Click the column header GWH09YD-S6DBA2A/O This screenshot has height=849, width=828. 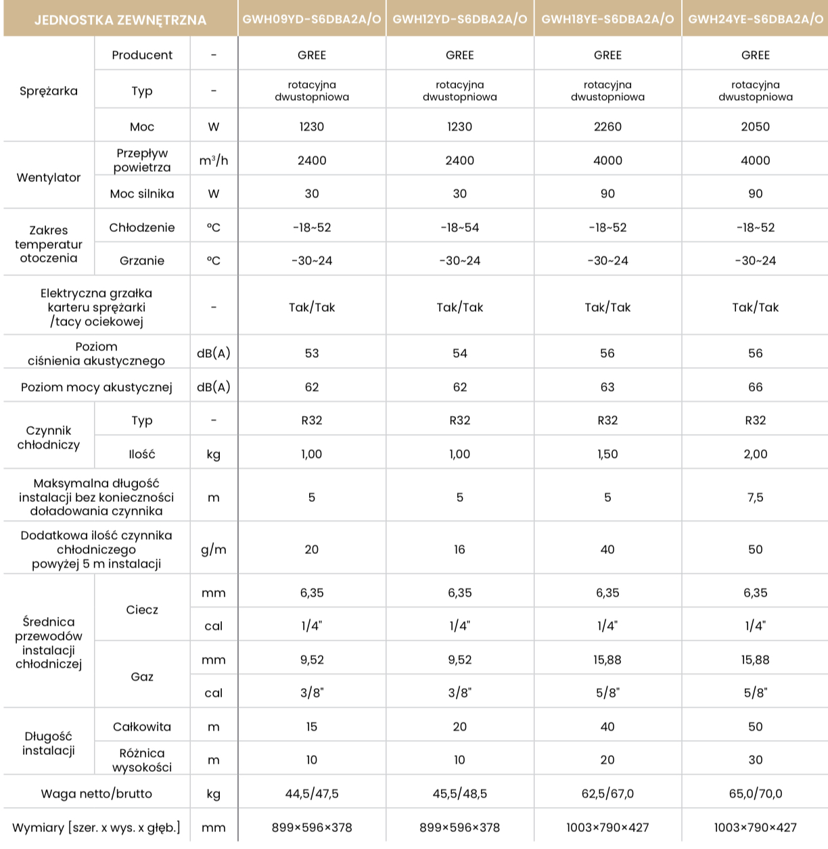pos(311,19)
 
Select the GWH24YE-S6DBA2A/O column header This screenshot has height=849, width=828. pos(756,19)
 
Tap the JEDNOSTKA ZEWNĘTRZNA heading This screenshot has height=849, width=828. pos(120,20)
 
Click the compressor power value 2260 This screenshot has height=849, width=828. pos(607,127)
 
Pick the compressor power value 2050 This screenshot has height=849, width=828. pos(756,127)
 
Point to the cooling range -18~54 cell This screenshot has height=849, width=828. pos(459,227)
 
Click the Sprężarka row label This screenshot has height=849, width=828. pos(49,91)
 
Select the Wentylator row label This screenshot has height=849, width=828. pos(49,177)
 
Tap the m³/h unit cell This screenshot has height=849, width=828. pos(214,160)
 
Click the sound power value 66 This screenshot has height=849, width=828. pos(756,387)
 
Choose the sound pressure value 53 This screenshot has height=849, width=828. pos(311,353)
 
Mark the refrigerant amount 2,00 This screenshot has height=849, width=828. pos(756,454)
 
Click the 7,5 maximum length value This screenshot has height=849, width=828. pos(756,497)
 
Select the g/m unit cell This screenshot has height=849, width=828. pos(214,549)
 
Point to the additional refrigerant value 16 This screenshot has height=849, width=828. pos(459,549)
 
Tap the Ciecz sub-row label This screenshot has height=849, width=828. pos(142,610)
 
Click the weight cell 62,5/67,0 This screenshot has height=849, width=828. pos(607,794)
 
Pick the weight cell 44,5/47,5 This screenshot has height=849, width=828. pos(311,794)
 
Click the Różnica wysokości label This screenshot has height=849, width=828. pos(142,760)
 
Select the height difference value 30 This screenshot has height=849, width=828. pos(756,760)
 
